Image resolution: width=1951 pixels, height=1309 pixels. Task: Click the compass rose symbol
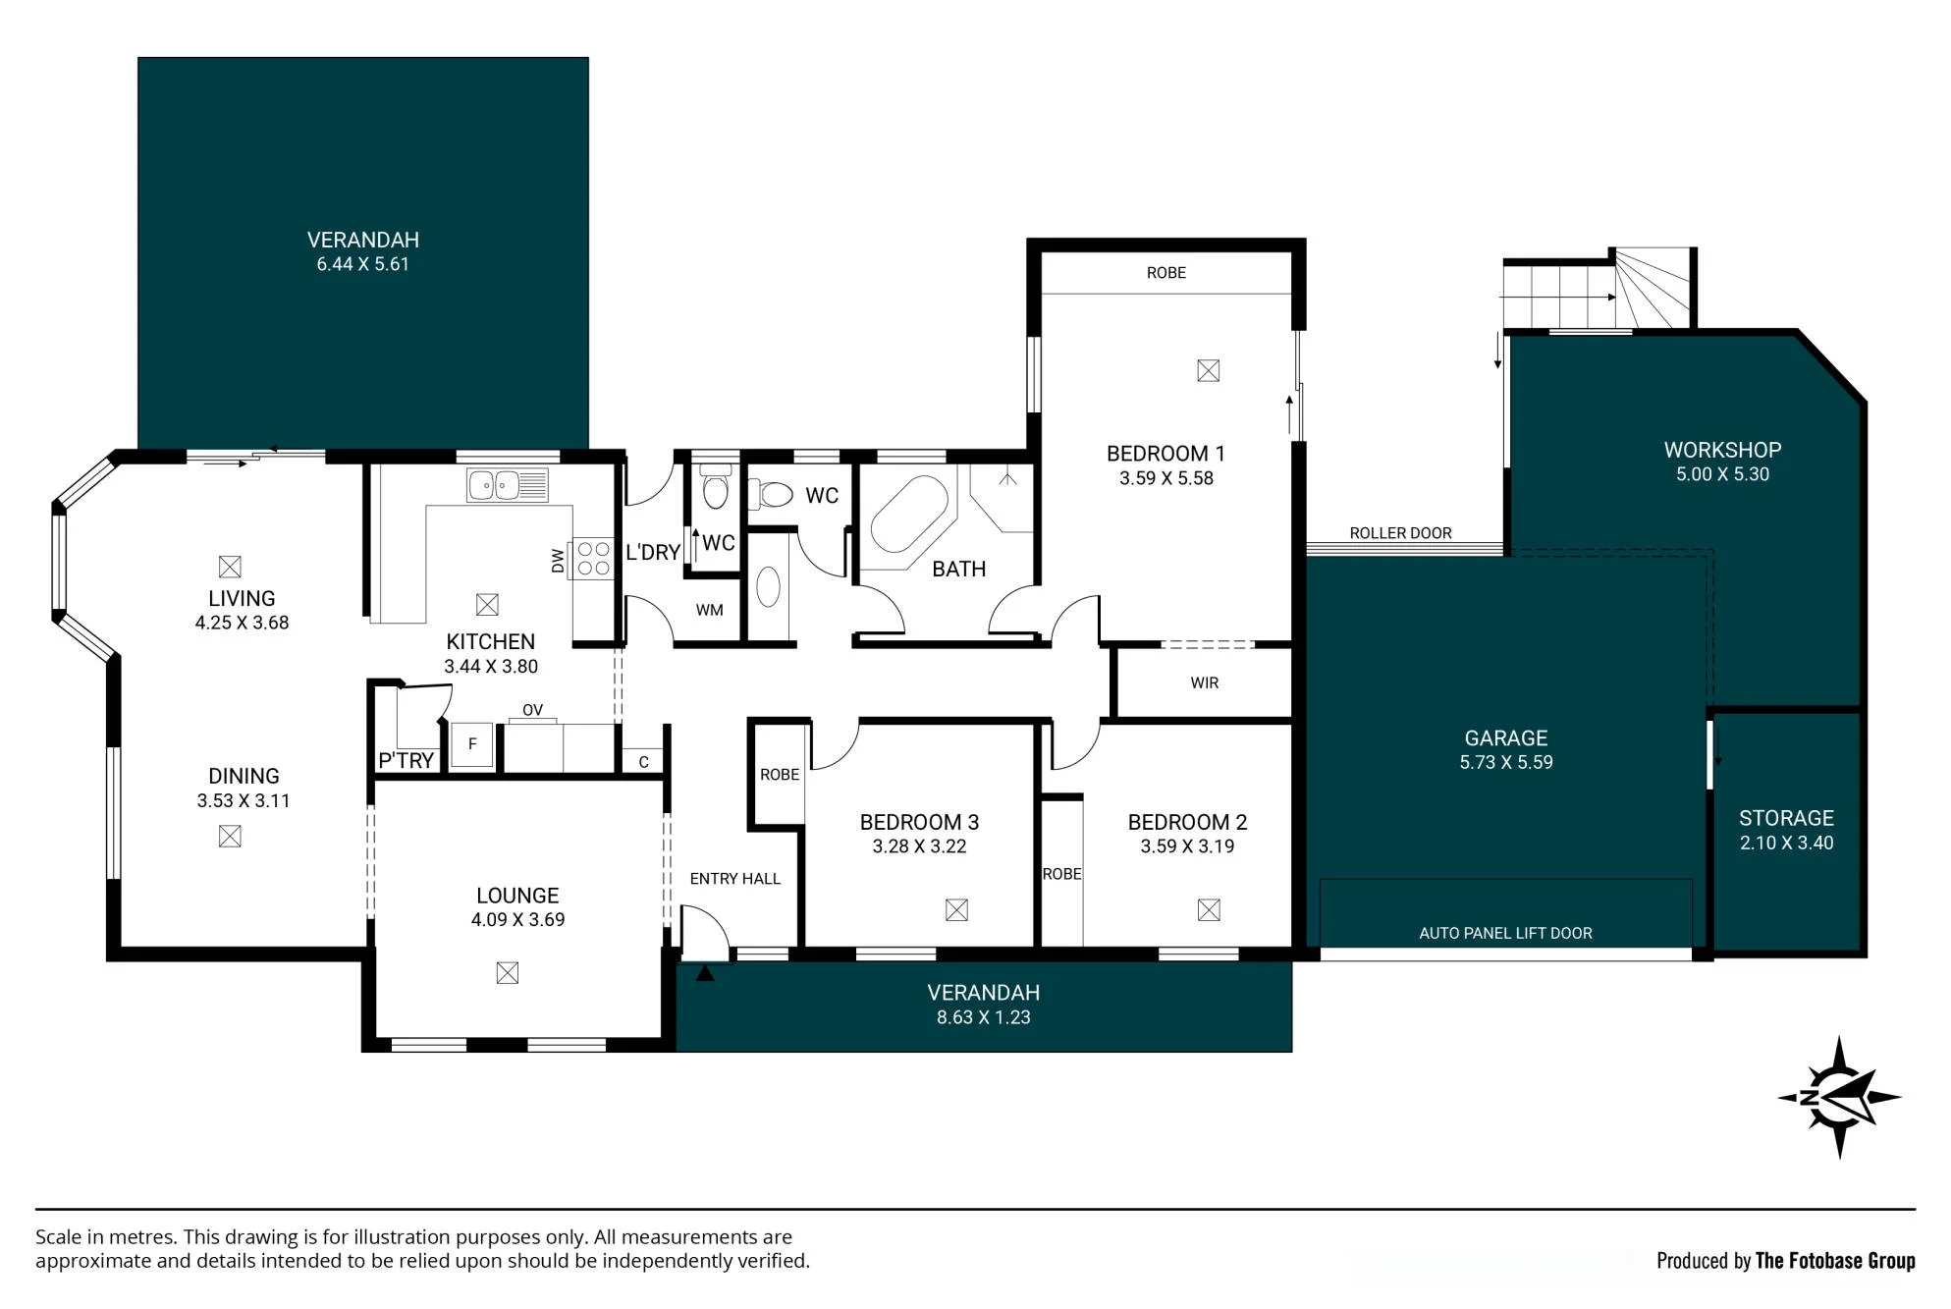pos(1839,1098)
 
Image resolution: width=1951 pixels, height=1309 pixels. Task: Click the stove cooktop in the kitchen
pos(593,559)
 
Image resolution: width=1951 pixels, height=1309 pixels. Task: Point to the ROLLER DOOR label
pos(1400,533)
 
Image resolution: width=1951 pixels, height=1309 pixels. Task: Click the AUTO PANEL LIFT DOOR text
pos(1505,933)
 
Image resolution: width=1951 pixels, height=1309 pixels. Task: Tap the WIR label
pos(1205,682)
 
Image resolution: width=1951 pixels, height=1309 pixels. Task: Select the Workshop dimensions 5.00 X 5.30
pos(1722,474)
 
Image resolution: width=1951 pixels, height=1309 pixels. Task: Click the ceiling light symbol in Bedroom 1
pos(1209,370)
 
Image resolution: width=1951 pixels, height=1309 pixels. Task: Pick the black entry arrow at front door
pos(705,972)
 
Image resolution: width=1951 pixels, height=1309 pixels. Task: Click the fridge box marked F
pos(472,744)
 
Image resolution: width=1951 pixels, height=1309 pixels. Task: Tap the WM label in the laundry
pos(709,610)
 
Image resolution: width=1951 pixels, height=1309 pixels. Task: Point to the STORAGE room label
pos(1786,818)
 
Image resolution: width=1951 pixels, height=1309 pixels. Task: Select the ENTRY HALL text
pos(734,879)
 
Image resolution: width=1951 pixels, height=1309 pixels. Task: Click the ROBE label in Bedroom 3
pos(780,775)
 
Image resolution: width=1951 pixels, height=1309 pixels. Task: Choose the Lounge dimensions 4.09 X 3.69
pos(517,920)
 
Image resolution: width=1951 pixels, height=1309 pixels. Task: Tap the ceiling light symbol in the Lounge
pos(508,972)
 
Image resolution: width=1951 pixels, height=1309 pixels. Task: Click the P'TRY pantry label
pos(406,760)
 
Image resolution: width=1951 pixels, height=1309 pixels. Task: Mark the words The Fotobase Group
pos(1835,1261)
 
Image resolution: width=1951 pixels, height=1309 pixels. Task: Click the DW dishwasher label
pos(558,561)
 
